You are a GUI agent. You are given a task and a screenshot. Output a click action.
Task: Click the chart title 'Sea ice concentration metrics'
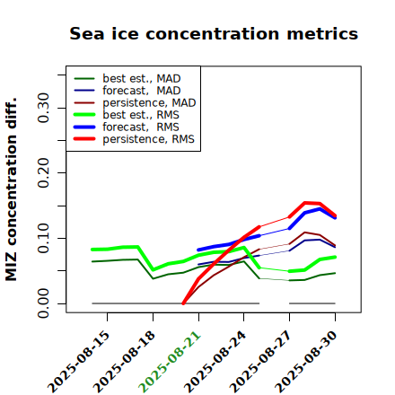tap(214, 33)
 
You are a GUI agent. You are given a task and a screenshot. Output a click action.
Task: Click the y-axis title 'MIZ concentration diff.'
tap(11, 189)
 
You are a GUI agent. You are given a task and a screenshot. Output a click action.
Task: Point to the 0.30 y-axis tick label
tap(43, 108)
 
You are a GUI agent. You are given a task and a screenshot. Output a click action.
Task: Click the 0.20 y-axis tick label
tap(43, 172)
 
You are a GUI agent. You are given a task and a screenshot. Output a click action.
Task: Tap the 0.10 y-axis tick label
tap(43, 238)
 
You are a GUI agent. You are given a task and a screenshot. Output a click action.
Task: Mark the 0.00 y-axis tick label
tap(43, 303)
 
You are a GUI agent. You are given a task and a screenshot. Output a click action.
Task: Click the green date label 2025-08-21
tap(170, 362)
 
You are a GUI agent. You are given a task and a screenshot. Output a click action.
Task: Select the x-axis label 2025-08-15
tap(78, 362)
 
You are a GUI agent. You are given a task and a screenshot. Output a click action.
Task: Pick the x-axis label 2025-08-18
tap(124, 362)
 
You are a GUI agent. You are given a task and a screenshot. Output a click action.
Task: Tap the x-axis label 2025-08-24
tap(215, 362)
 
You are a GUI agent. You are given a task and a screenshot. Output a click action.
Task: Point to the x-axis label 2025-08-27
tap(260, 362)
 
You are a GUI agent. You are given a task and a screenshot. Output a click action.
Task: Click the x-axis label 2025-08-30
tap(306, 362)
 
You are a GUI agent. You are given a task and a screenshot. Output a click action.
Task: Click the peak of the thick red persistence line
tap(305, 203)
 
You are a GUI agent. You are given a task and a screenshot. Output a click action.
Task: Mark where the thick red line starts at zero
tap(183, 303)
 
